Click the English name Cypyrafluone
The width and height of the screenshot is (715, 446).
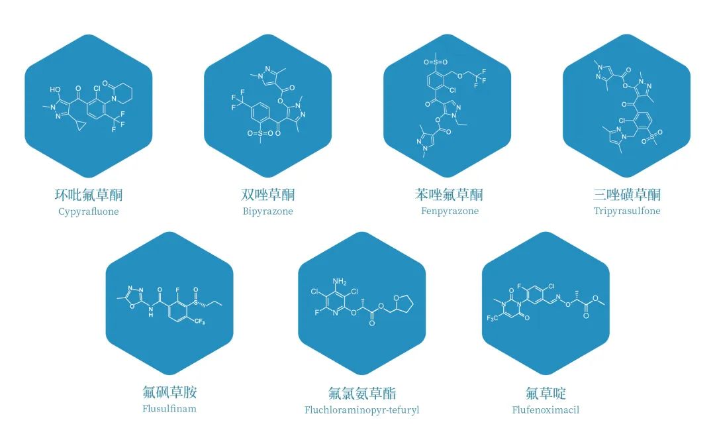pos(89,211)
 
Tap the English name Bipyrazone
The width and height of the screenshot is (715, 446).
pos(267,211)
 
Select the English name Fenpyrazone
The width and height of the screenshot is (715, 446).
pos(450,211)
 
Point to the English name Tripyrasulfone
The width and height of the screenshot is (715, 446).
pos(626,211)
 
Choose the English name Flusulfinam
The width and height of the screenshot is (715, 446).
pos(169,409)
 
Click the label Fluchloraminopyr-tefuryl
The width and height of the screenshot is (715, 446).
pos(361,410)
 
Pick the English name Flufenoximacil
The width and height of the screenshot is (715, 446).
pos(546,410)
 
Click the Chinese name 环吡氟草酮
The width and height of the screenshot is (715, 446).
pos(89,195)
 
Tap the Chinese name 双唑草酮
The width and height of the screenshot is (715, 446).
pos(267,195)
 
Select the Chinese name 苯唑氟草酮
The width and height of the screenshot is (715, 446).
pos(449,194)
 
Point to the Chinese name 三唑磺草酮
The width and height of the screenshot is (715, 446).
pos(626,194)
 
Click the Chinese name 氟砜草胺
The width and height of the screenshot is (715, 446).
pos(169,392)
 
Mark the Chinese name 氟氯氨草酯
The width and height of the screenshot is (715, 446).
pos(362,392)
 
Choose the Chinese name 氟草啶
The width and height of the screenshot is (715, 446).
pos(546,392)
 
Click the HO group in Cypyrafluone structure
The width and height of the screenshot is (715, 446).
pos(55,89)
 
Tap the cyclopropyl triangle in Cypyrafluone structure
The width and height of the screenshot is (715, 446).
pos(81,126)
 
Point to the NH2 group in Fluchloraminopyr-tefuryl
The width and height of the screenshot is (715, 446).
pos(340,282)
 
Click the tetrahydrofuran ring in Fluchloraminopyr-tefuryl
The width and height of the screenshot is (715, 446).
pos(403,304)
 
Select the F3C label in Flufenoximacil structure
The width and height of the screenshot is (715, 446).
pos(493,318)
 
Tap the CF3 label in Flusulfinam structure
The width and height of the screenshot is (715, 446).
pos(199,321)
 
